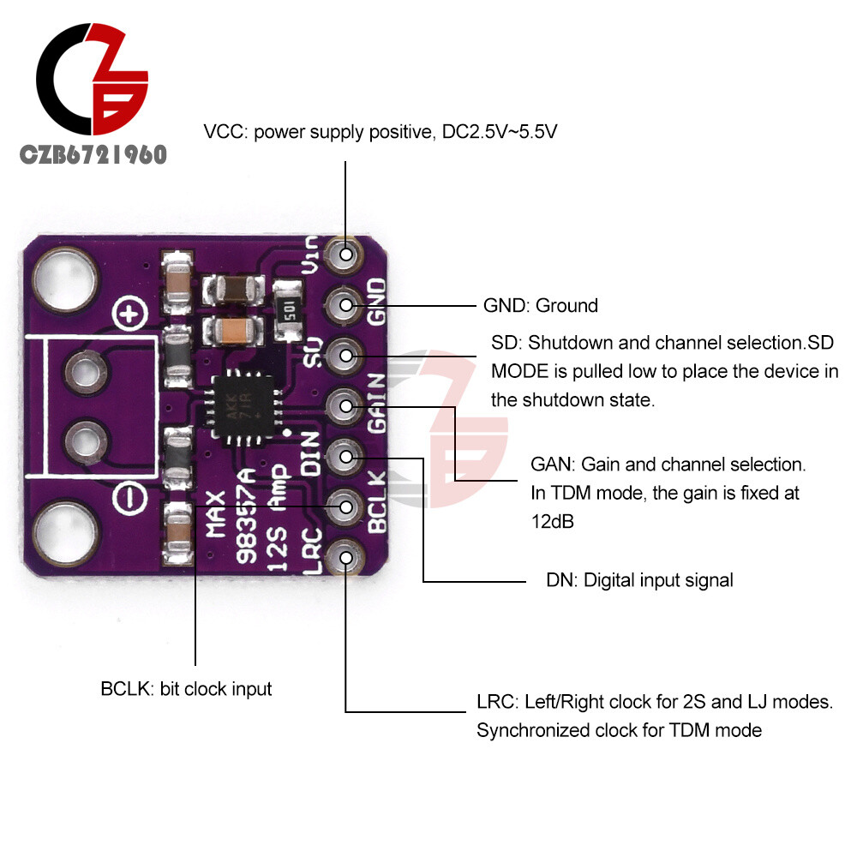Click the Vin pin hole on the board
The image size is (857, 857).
pos(346,255)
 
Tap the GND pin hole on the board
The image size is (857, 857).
pos(346,304)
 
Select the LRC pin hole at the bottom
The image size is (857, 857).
pos(346,558)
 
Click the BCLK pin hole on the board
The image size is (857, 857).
pos(346,507)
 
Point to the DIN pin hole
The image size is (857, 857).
pos(346,457)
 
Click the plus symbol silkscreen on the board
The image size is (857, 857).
pos(129,317)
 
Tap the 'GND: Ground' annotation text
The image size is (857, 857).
pos(541,305)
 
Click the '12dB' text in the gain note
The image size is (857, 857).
pos(553,521)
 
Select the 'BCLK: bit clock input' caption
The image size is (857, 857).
pos(186,688)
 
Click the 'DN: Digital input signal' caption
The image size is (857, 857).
pos(639,580)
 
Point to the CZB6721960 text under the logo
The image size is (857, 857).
pos(94,155)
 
